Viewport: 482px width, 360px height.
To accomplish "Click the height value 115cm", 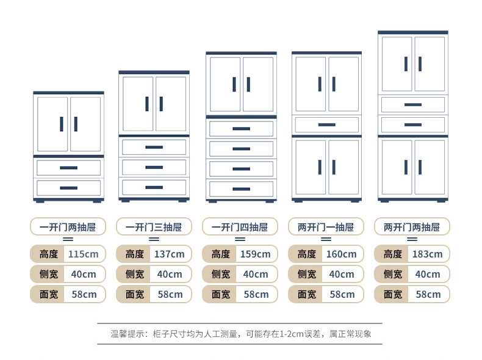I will (84, 254).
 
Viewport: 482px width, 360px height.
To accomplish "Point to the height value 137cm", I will (170, 254).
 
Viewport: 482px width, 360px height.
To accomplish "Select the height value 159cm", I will (256, 254).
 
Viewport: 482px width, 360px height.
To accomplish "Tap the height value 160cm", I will (342, 254).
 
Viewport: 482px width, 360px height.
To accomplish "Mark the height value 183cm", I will (428, 254).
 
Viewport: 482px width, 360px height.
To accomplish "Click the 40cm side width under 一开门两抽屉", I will (84, 274).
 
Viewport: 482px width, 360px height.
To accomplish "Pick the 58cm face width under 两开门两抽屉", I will (428, 294).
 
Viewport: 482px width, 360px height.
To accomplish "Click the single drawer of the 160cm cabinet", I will (326, 124).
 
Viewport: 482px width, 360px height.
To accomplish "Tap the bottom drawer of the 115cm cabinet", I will (68, 187).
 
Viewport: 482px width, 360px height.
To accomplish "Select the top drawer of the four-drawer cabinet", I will (241, 128).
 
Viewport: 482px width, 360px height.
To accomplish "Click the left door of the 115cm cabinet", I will (52, 124).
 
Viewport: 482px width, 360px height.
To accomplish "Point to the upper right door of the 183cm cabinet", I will (430, 63).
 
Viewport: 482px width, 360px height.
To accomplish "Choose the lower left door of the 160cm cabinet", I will (311, 167).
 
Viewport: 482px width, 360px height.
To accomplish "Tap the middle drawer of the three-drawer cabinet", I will (154, 167).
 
